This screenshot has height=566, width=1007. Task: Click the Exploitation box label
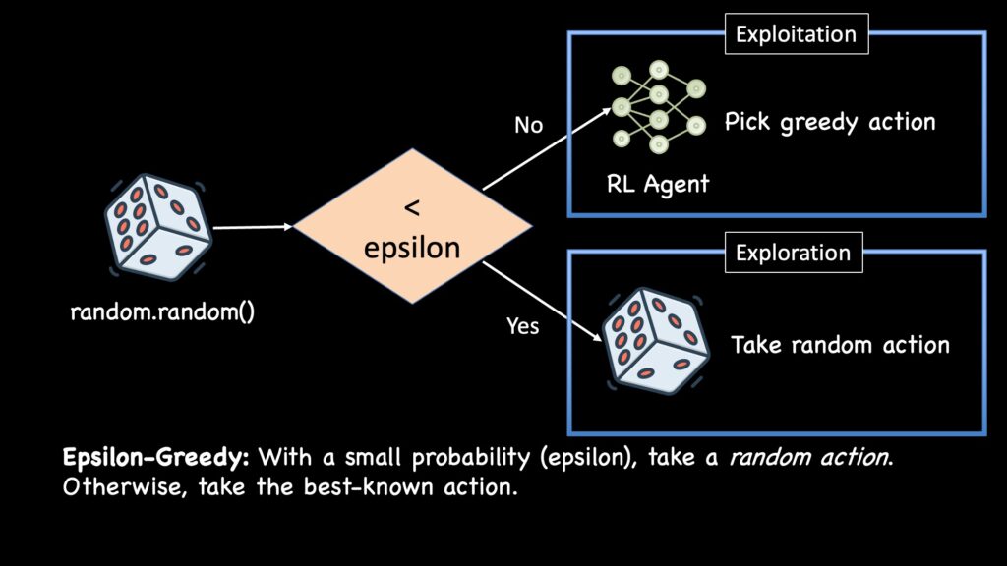click(797, 34)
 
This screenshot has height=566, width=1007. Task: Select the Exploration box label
click(793, 253)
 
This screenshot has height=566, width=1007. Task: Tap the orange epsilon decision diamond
click(412, 228)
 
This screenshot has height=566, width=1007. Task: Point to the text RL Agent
click(658, 184)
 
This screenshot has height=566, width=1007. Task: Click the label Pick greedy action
click(830, 123)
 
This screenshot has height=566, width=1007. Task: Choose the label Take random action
click(840, 345)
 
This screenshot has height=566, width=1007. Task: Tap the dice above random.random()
click(158, 224)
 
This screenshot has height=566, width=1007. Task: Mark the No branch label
click(528, 125)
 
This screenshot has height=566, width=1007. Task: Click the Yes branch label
click(522, 326)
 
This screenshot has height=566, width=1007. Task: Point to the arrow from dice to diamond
click(253, 227)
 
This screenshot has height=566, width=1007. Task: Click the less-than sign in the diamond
click(412, 207)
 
